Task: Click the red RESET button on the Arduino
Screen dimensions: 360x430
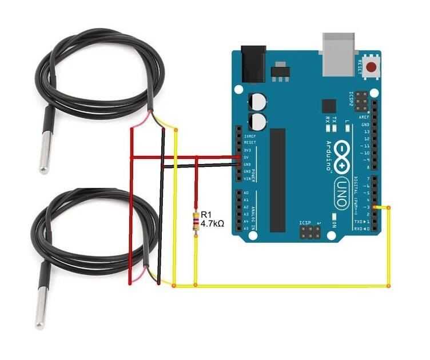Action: (372, 68)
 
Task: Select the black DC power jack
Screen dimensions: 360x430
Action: (253, 63)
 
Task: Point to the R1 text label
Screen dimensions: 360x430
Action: (205, 214)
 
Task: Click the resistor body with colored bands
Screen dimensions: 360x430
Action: (197, 223)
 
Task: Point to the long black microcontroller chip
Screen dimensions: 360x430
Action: (277, 179)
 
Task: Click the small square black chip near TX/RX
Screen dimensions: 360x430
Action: (329, 106)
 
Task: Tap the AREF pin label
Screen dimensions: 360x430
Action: (365, 117)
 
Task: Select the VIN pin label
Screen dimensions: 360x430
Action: (248, 179)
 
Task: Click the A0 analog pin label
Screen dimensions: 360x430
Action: (246, 193)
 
